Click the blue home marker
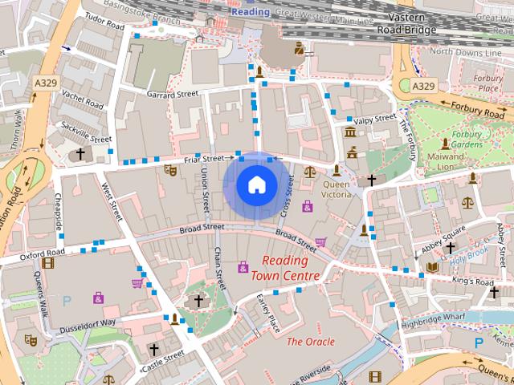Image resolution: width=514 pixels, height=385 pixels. point(256,185)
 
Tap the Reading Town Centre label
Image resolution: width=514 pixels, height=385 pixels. point(285,269)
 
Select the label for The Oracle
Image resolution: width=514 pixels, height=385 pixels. point(311,341)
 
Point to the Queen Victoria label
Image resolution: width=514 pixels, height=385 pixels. point(337,188)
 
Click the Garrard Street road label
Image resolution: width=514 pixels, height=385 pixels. point(172,94)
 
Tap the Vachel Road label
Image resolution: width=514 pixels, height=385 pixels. point(84,99)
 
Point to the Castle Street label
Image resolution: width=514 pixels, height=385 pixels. point(163,359)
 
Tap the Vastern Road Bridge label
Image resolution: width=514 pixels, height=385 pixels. point(406,23)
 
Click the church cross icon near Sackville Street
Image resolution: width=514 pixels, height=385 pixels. point(80,153)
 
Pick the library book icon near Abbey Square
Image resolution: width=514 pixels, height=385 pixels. point(433,267)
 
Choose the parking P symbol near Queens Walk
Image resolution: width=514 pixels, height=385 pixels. point(67,301)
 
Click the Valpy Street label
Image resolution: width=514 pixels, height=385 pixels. point(376,120)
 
